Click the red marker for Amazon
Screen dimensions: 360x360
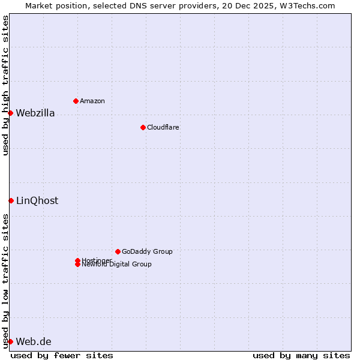click(76, 101)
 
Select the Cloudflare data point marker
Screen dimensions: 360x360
click(143, 127)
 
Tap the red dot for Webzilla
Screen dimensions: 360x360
click(10, 113)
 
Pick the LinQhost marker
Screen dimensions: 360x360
click(11, 200)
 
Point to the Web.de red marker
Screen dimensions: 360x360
click(10, 341)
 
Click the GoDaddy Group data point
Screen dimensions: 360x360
click(118, 251)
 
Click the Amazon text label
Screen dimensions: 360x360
click(92, 101)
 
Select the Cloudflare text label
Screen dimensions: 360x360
click(163, 127)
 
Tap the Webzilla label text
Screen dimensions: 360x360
click(35, 113)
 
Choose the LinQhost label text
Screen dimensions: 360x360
click(37, 200)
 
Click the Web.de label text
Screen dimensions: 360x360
click(34, 341)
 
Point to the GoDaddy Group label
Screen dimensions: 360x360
click(147, 251)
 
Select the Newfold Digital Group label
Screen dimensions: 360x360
click(116, 264)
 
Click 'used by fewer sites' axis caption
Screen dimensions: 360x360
click(62, 355)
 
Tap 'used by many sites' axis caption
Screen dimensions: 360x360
click(301, 355)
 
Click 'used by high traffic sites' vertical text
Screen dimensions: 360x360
click(5, 85)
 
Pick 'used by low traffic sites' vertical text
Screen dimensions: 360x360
click(5, 280)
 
